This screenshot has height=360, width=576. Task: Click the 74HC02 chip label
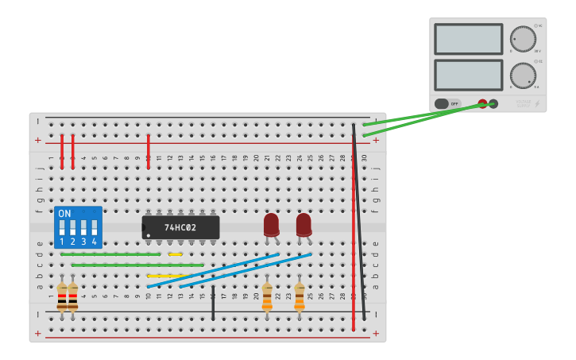pyautogui.click(x=181, y=227)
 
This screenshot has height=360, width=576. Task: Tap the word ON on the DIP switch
pyautogui.click(x=64, y=214)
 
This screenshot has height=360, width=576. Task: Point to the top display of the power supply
pyautogui.click(x=468, y=39)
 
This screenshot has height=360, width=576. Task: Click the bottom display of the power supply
pyautogui.click(x=468, y=75)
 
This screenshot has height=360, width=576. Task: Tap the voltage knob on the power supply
pyautogui.click(x=523, y=39)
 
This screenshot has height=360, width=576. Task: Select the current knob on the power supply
pyautogui.click(x=523, y=75)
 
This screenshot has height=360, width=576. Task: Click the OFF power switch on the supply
pyautogui.click(x=447, y=103)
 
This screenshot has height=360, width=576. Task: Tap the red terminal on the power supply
pyautogui.click(x=482, y=103)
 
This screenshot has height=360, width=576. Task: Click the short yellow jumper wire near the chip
pyautogui.click(x=176, y=254)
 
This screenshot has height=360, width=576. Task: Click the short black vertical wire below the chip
pyautogui.click(x=213, y=303)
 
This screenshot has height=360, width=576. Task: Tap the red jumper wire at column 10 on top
pyautogui.click(x=149, y=151)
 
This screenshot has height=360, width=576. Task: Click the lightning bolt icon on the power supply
pyautogui.click(x=538, y=103)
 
